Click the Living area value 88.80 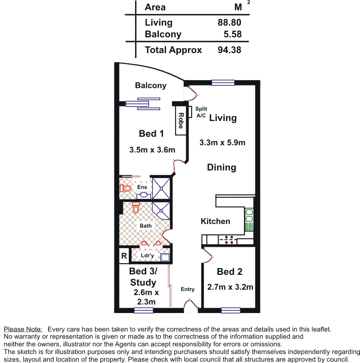[229, 22]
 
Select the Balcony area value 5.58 [232, 34]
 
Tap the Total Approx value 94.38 [229, 50]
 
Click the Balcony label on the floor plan [151, 85]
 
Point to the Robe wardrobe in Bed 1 [181, 121]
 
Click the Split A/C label [201, 112]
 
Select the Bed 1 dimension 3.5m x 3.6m [152, 150]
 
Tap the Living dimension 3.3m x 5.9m [222, 143]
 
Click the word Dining [221, 167]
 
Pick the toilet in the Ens [126, 188]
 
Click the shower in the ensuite [161, 188]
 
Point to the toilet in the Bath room [136, 208]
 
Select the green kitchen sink [249, 219]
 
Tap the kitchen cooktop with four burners [228, 240]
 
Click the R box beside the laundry [124, 256]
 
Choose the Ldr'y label [147, 255]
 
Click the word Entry [188, 289]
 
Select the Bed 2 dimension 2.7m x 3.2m [230, 287]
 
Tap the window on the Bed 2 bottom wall [231, 310]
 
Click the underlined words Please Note [23, 329]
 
